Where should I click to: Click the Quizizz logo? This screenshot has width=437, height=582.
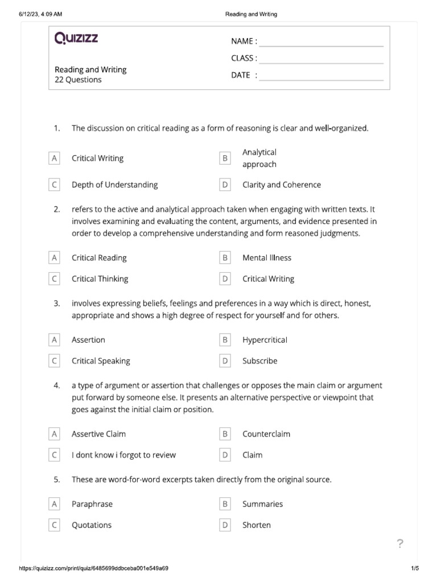tap(76, 39)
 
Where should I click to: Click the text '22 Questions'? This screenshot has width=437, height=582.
tap(78, 80)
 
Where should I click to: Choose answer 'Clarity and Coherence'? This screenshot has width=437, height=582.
tap(281, 185)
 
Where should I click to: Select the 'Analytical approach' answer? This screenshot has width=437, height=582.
tap(259, 159)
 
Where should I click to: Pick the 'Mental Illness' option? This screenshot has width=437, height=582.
tap(266, 258)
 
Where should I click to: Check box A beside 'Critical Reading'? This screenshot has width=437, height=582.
tap(55, 258)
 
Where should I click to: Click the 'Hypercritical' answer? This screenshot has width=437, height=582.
tap(265, 340)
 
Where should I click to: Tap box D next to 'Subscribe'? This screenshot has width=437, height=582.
tap(225, 361)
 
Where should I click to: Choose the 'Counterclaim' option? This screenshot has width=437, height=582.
tap(266, 434)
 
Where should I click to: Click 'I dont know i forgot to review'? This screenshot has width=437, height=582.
tap(123, 455)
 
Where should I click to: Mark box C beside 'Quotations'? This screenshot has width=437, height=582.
tap(55, 525)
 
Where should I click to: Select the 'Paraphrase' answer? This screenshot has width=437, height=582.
tap(92, 504)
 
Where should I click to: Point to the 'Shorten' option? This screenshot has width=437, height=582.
tap(257, 525)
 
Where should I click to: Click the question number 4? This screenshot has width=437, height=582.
tap(57, 385)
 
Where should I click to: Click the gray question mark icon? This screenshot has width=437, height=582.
tap(399, 544)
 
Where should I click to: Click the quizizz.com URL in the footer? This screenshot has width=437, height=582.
tap(93, 568)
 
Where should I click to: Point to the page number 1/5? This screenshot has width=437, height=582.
tap(414, 568)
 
